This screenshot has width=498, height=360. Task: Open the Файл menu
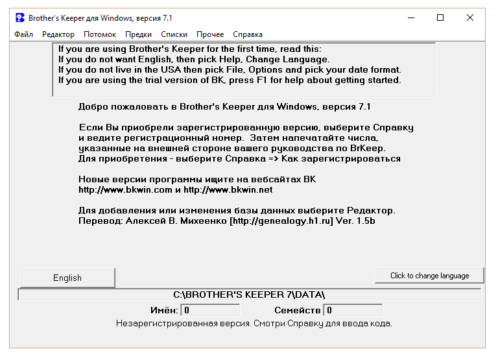coord(23,34)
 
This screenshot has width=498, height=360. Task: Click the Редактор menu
coord(58,34)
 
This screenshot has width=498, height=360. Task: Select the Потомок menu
coord(100,34)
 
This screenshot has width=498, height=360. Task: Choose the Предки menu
coord(139,34)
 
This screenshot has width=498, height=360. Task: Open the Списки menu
coord(174,34)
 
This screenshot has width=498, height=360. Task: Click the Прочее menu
coord(210,34)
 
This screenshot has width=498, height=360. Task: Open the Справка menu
coord(248,34)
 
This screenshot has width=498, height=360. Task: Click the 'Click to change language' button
coord(429,276)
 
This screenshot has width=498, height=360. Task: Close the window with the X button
coord(470,18)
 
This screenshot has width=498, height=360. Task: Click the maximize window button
coord(440,18)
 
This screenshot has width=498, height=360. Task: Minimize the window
coord(410,18)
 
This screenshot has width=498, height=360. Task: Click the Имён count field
coord(210,311)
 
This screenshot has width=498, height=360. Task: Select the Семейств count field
coord(353,311)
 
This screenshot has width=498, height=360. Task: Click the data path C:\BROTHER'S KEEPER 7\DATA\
coord(249,294)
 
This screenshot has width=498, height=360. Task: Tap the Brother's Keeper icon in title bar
coord(20,18)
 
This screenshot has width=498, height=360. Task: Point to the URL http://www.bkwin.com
coord(125,189)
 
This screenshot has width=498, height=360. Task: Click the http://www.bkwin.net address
coord(228,189)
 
